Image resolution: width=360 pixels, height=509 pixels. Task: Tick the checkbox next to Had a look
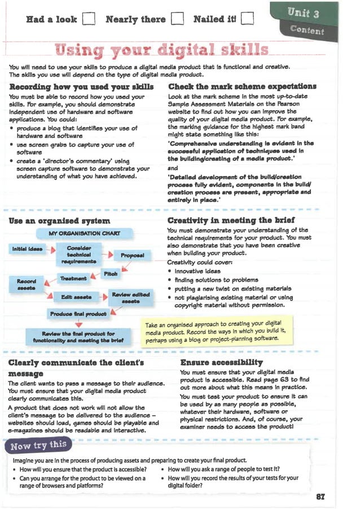click(x=87, y=20)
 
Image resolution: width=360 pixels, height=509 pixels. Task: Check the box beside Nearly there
click(x=177, y=20)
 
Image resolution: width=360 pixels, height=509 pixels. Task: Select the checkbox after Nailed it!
click(x=247, y=20)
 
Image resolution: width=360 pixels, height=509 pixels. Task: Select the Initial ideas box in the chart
click(x=28, y=249)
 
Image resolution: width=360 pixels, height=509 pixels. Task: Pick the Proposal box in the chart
click(x=133, y=255)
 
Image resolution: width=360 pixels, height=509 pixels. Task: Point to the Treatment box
click(x=73, y=278)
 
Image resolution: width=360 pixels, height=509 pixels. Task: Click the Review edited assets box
click(x=130, y=298)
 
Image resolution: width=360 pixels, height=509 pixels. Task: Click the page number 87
click(x=321, y=497)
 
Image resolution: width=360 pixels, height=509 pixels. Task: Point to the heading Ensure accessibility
click(x=221, y=362)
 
